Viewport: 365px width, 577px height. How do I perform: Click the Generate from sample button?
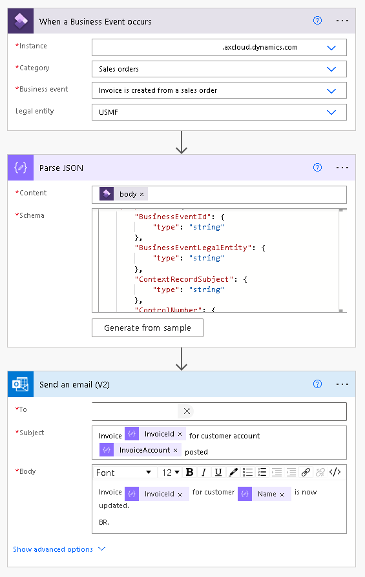[x=147, y=328]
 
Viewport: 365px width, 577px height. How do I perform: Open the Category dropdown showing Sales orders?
[x=219, y=69]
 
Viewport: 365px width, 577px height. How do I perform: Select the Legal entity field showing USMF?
[x=219, y=112]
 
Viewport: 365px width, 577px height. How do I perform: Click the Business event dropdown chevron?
[x=331, y=91]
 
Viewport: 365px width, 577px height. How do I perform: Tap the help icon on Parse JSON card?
[x=317, y=168]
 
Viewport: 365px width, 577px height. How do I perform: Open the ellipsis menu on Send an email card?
[x=342, y=384]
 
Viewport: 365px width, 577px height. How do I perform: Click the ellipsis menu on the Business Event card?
[x=342, y=21]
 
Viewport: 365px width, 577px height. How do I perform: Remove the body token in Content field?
[x=142, y=194]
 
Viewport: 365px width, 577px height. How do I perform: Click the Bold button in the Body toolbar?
[x=189, y=472]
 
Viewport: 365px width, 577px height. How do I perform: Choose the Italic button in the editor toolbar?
[x=203, y=472]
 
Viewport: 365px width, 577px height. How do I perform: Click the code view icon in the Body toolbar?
[x=335, y=472]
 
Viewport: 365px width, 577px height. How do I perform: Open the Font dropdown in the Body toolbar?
[x=124, y=472]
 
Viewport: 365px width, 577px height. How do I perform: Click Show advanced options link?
[x=59, y=549]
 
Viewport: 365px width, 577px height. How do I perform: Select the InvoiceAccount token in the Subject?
[x=144, y=450]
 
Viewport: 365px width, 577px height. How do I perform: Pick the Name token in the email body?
[x=266, y=494]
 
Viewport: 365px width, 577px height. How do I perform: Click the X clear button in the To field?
[x=187, y=411]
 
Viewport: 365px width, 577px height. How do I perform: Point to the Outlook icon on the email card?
[x=20, y=384]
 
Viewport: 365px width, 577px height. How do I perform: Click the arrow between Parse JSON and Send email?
[x=182, y=358]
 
